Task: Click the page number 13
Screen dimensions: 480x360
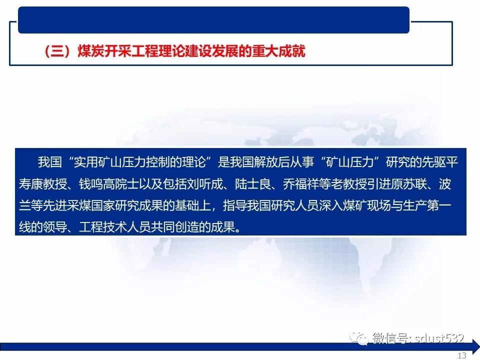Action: click(x=462, y=355)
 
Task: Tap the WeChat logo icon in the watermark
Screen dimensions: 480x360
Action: click(x=359, y=338)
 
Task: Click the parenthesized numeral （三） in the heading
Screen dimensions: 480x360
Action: click(x=57, y=51)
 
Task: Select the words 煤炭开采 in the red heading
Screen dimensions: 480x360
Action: click(x=103, y=51)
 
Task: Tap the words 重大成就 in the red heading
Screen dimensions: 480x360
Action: click(x=278, y=51)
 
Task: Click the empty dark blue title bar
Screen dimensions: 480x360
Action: click(x=213, y=20)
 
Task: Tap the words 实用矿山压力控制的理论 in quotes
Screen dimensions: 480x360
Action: click(x=139, y=162)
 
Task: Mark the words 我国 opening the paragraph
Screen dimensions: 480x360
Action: click(x=50, y=162)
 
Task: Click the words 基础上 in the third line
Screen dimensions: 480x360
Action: click(x=193, y=205)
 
